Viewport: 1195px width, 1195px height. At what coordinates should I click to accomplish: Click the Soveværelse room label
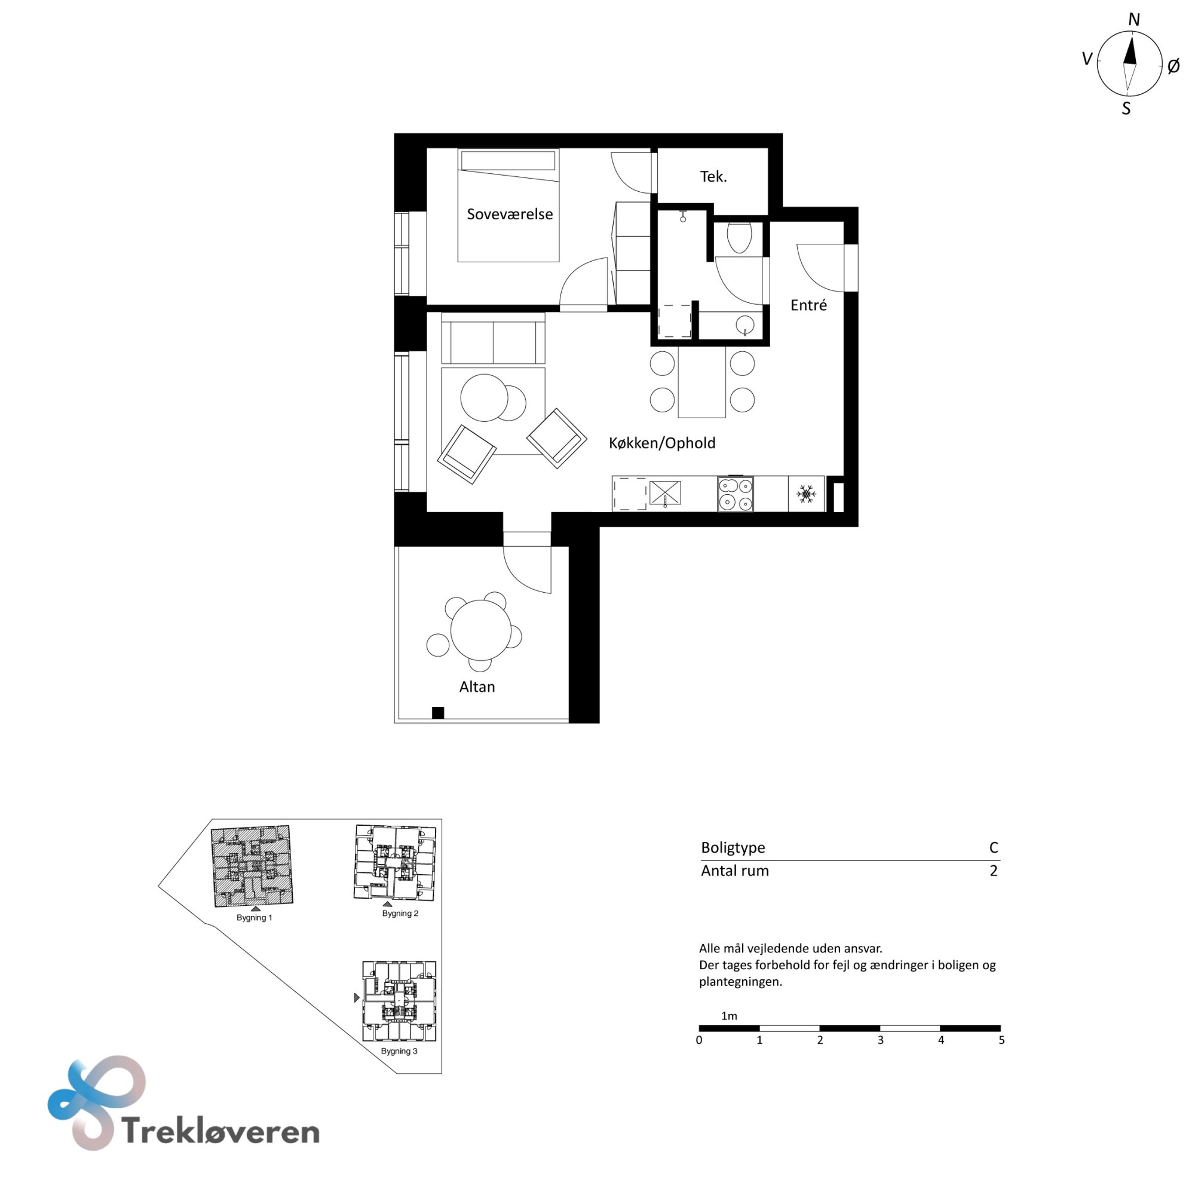point(510,214)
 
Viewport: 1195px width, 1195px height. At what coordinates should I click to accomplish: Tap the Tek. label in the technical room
point(713,177)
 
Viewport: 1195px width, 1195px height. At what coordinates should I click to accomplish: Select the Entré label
point(808,305)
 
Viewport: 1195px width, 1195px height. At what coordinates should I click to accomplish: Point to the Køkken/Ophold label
point(662,443)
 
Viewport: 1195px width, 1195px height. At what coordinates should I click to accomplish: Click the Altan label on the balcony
point(477,687)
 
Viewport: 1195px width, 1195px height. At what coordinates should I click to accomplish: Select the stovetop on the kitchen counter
point(736,494)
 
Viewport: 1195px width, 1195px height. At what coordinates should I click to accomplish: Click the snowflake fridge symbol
point(806,494)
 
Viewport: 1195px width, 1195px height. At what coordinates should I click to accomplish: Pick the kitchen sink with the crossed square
point(665,493)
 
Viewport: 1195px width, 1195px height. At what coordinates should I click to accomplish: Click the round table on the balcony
point(480,630)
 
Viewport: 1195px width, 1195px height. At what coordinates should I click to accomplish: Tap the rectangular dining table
point(701,382)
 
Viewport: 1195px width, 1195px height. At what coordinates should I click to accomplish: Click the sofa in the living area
point(493,338)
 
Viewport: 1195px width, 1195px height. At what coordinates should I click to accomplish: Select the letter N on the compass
point(1134,20)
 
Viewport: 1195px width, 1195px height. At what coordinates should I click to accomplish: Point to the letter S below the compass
point(1126,109)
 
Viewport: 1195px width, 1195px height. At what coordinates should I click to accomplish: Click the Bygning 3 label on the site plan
point(399,1052)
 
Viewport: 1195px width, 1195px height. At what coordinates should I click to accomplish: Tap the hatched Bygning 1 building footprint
point(252,866)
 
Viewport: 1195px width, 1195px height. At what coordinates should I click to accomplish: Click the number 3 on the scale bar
point(880,1040)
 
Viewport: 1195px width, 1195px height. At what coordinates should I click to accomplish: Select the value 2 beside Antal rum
point(994,871)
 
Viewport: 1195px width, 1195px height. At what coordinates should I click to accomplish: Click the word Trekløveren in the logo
point(221,1131)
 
